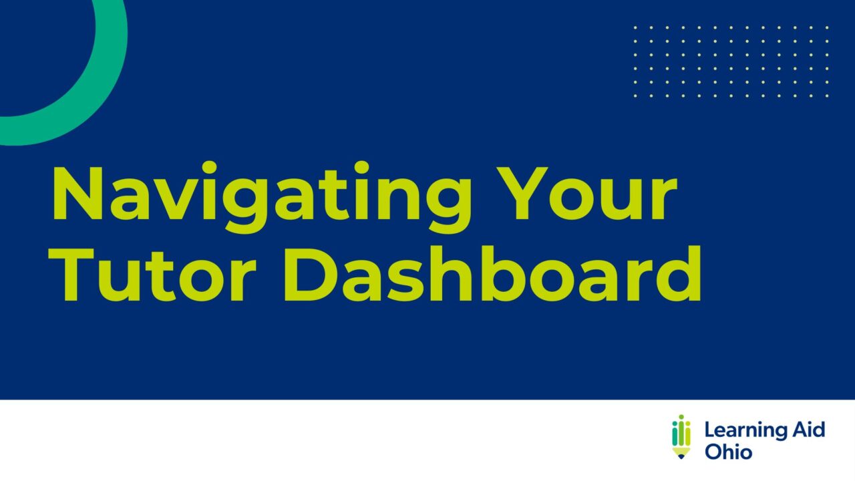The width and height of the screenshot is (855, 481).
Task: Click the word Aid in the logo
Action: pyautogui.click(x=808, y=430)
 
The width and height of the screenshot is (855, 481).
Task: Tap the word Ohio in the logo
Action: pyautogui.click(x=728, y=452)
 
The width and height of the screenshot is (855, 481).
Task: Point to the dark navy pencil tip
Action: pyautogui.click(x=681, y=456)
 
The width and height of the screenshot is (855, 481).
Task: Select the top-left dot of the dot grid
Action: pyautogui.click(x=635, y=27)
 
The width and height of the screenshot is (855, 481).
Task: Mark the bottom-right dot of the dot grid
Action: pyautogui.click(x=828, y=96)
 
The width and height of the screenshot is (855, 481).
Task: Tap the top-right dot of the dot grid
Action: pyautogui.click(x=828, y=27)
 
